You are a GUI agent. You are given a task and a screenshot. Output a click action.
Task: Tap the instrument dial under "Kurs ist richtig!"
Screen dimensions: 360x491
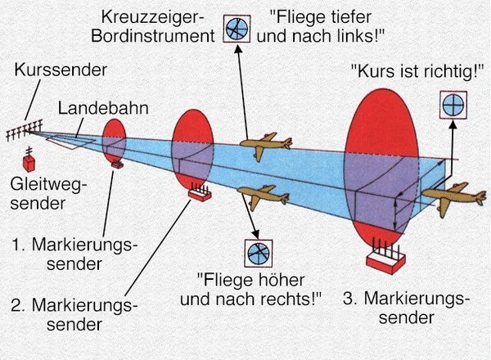coord(452,105)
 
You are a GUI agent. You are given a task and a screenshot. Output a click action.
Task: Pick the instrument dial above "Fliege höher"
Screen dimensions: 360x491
coord(256,253)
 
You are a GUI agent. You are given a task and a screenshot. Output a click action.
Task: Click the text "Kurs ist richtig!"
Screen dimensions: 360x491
coord(416,72)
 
